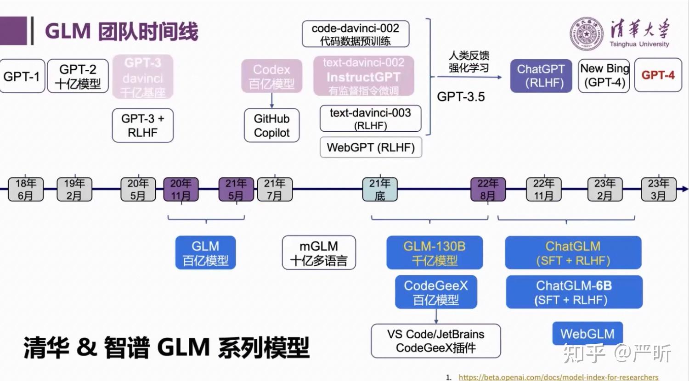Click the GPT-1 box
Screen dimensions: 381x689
pyautogui.click(x=22, y=76)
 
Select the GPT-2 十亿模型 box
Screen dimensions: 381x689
pyautogui.click(x=78, y=76)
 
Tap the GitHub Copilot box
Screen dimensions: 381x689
pyautogui.click(x=271, y=125)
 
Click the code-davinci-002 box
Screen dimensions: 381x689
pyautogui.click(x=355, y=34)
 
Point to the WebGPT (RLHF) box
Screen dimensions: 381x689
pyautogui.click(x=371, y=147)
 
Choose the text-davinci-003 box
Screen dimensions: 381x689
pyautogui.click(x=370, y=118)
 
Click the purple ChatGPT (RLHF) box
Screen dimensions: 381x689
pyautogui.click(x=541, y=76)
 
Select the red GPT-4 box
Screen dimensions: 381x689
pyautogui.click(x=658, y=75)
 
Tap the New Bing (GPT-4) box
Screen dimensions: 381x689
pyautogui.click(x=604, y=76)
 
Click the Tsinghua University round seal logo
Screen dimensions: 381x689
pyautogui.click(x=587, y=34)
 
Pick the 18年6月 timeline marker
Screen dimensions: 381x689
pyautogui.click(x=26, y=189)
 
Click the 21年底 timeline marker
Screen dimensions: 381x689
pyautogui.click(x=380, y=189)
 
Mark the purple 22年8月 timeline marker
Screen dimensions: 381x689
pyautogui.click(x=488, y=189)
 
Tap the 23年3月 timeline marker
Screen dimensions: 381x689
pyautogui.click(x=658, y=189)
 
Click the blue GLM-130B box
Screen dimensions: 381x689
pyautogui.click(x=435, y=253)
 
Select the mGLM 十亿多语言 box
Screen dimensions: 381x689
pyautogui.click(x=319, y=253)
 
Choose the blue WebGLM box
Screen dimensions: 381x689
pyautogui.click(x=587, y=334)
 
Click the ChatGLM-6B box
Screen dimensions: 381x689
pyautogui.click(x=574, y=292)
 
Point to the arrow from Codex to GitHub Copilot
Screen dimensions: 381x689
pyautogui.click(x=271, y=101)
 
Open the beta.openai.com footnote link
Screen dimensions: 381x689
pyautogui.click(x=558, y=377)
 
